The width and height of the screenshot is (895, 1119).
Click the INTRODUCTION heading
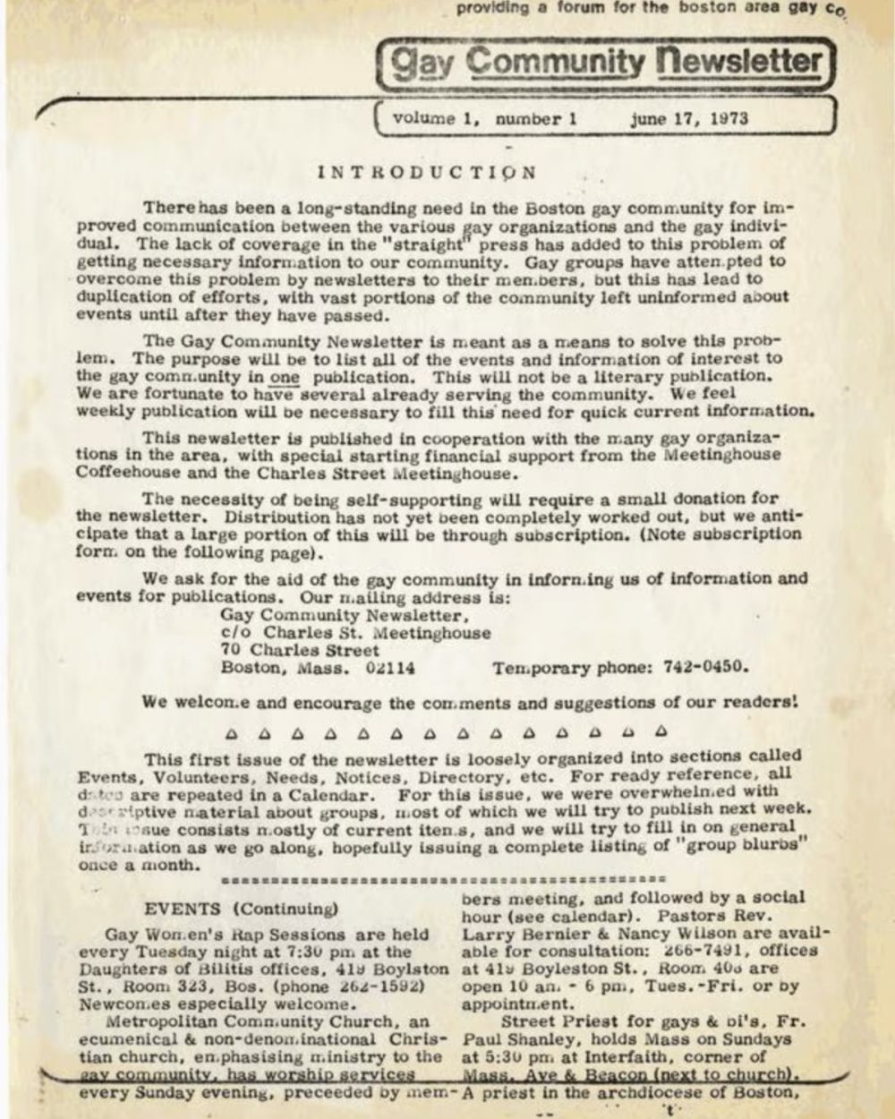(x=428, y=172)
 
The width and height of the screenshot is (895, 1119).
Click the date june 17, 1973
(x=688, y=118)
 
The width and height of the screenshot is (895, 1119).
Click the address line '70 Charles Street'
(x=300, y=650)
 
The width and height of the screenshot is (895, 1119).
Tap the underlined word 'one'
(x=284, y=377)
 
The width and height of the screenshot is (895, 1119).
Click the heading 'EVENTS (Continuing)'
(x=241, y=909)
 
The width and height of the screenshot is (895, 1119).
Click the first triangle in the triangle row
(x=231, y=733)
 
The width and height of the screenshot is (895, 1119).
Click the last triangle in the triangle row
(x=661, y=732)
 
